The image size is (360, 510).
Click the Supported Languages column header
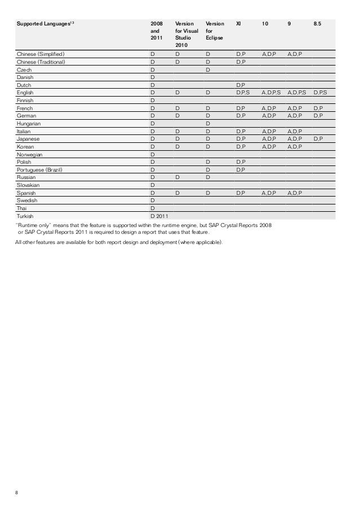pos(45,24)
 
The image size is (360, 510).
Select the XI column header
pos(239,24)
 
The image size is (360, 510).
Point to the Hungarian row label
pos(29,123)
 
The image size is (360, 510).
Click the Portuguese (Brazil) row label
pos(39,169)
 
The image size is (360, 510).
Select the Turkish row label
pos(25,216)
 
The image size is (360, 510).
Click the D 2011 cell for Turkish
pos(159,216)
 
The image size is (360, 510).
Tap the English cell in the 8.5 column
pos(320,93)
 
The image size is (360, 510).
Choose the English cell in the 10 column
pos(271,93)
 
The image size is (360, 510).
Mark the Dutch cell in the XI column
pos(240,85)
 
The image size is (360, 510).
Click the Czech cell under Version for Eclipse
pos(208,69)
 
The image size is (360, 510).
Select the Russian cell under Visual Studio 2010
pos(177,177)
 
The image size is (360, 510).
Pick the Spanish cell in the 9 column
pos(295,193)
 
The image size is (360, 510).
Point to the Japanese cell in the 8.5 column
pos(318,138)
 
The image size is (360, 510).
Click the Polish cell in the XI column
pos(240,162)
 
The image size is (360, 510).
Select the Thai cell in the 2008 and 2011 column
pos(152,208)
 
